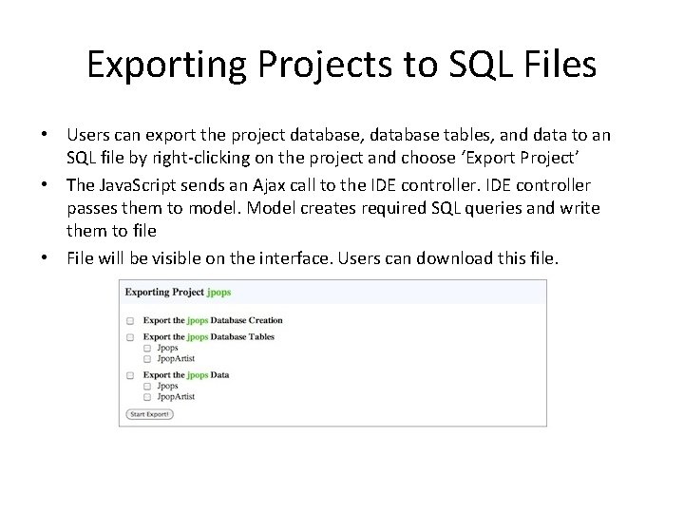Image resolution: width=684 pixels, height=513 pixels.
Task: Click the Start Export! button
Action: (150, 414)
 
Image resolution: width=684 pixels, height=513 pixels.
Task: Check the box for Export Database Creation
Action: (130, 321)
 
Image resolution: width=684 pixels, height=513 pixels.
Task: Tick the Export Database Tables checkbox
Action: (130, 337)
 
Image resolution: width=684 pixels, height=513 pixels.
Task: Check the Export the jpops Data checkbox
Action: (130, 375)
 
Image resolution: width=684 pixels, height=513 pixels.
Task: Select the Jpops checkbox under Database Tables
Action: (147, 349)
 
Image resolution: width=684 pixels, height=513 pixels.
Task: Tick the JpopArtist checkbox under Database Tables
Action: (147, 359)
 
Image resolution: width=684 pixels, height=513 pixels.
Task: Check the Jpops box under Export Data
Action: (147, 387)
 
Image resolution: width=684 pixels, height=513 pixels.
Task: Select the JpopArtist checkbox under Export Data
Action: (147, 397)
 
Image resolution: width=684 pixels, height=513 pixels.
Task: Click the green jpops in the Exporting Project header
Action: (219, 293)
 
